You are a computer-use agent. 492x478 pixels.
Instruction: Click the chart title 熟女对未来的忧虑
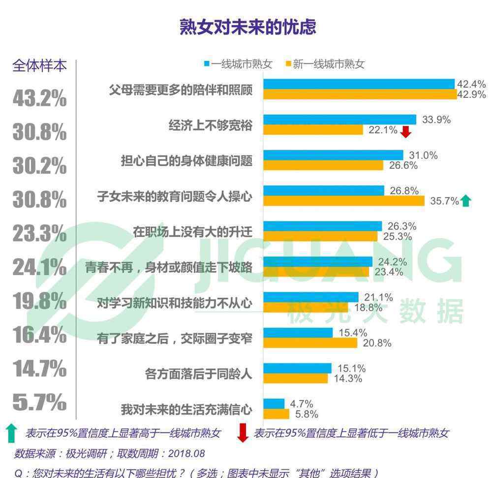(247, 27)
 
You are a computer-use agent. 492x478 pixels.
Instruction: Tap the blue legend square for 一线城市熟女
(207, 63)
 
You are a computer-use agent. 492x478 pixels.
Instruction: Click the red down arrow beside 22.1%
(406, 132)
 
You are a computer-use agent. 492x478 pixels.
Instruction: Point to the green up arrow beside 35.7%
(465, 200)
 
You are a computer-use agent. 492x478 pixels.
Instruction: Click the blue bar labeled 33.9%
(339, 119)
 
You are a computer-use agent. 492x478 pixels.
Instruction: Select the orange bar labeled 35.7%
(343, 200)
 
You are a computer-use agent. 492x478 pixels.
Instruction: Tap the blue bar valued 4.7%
(274, 404)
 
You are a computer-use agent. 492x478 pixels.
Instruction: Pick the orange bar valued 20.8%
(310, 343)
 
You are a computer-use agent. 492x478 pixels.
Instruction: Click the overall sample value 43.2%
(39, 98)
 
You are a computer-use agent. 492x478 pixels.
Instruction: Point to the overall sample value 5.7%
(39, 403)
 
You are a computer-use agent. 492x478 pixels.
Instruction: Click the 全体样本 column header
(39, 66)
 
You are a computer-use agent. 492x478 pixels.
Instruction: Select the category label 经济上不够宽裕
(211, 126)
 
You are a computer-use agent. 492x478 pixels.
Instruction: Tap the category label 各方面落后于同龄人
(199, 374)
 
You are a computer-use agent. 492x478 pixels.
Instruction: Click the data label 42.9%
(471, 95)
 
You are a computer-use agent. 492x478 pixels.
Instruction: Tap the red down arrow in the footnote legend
(243, 433)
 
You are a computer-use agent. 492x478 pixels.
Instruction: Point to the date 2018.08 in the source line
(186, 453)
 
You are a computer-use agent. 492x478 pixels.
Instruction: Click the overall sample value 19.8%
(39, 301)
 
